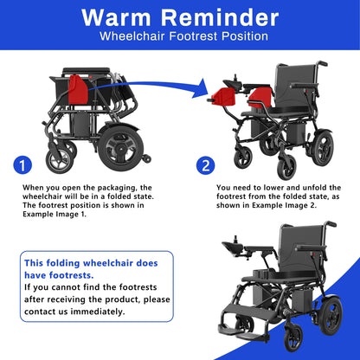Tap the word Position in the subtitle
click(245, 38)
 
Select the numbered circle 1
click(24, 165)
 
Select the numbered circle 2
click(204, 165)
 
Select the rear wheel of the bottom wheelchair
click(329, 321)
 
